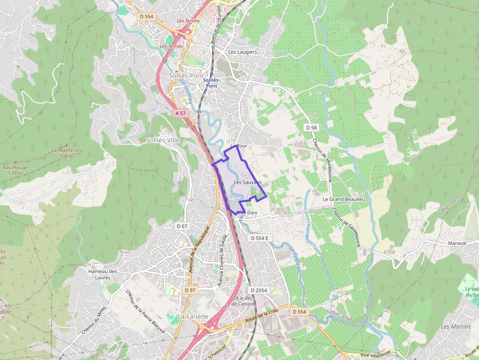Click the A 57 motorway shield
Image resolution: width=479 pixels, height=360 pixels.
180,113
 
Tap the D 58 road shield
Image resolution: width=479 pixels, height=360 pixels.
311,127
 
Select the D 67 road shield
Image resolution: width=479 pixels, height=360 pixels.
182,226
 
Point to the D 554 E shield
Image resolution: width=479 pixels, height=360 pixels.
260,238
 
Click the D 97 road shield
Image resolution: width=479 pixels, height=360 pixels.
190,290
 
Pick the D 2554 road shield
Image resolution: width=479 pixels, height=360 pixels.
258,290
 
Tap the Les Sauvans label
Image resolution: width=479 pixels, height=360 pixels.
247,182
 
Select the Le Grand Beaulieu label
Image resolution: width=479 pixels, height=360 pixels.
344,199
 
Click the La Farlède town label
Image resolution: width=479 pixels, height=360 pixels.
193,317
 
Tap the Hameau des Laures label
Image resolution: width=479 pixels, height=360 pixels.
103,275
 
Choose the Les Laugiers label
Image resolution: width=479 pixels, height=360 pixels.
242,52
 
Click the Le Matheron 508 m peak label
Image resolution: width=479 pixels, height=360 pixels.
66,153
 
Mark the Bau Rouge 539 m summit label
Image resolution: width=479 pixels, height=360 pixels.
15,170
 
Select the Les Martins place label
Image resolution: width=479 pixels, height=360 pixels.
456,326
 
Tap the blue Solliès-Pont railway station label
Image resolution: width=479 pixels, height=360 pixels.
211,83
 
